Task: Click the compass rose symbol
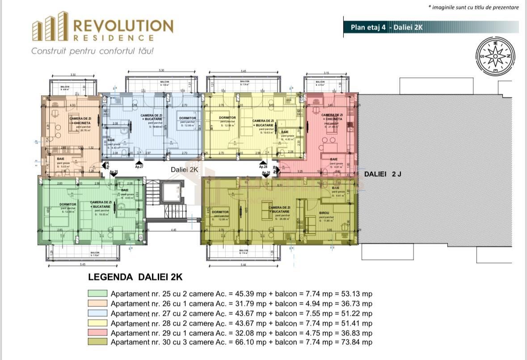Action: pos(494,56)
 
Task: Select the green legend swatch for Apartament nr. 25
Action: pos(97,294)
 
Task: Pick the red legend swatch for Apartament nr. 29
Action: pos(97,333)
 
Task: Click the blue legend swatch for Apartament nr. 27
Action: pos(97,313)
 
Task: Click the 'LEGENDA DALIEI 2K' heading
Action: pos(135,277)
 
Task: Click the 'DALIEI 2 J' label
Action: pos(383,174)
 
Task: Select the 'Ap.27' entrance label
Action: pos(139,166)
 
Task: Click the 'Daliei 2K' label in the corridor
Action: pos(184,170)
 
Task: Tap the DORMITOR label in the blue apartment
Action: pos(187,119)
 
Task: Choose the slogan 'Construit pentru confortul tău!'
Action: pos(93,51)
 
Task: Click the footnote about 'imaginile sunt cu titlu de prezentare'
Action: pos(473,7)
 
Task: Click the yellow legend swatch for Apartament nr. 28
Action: pos(97,323)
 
